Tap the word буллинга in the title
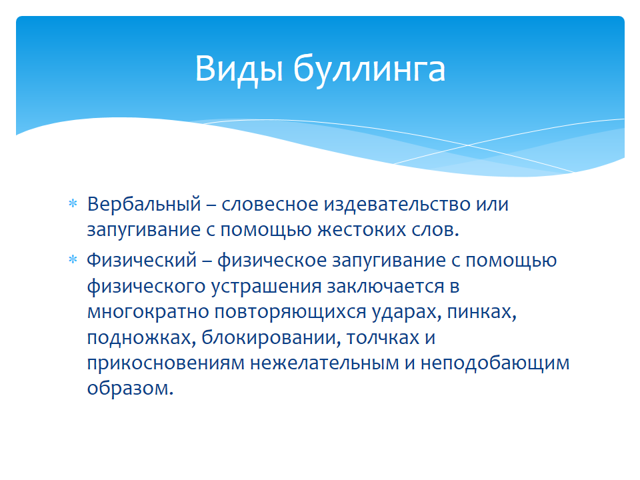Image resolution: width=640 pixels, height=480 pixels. [369, 69]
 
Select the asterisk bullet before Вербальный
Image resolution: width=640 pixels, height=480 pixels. [73, 203]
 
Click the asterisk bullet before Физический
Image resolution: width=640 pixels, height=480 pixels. [73, 259]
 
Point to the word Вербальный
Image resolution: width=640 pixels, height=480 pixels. [144, 204]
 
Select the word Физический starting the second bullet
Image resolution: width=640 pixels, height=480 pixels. [141, 261]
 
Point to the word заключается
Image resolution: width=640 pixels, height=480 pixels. [385, 287]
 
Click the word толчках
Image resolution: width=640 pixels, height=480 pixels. [383, 338]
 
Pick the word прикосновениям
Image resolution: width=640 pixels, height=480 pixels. [166, 363]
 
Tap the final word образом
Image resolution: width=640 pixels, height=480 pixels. [130, 388]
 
